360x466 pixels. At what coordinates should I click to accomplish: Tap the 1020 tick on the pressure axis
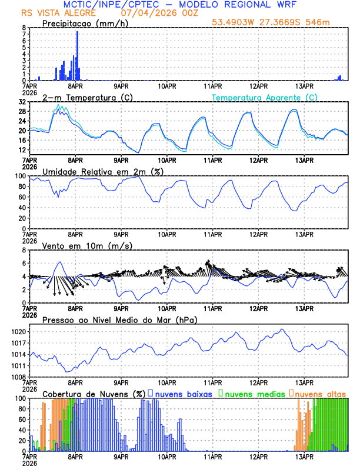point(18,332)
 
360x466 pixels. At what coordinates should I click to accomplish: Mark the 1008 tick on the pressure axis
point(18,377)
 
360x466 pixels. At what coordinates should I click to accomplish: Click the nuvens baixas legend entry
point(182,394)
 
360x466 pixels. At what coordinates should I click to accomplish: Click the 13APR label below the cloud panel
point(304,457)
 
